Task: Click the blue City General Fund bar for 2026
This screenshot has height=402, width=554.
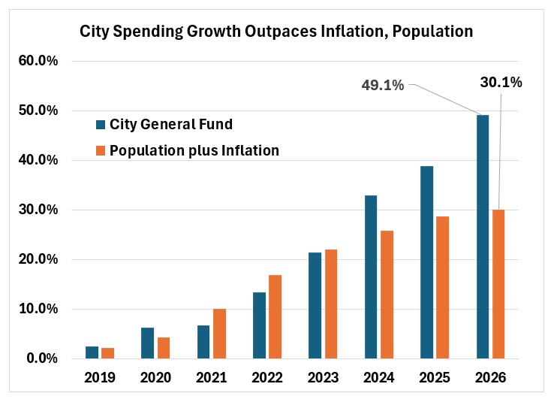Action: pyautogui.click(x=483, y=237)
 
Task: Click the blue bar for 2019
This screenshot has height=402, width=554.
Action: pyautogui.click(x=92, y=352)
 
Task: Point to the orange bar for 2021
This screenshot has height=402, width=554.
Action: pyautogui.click(x=219, y=334)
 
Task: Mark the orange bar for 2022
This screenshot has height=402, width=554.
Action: pyautogui.click(x=275, y=316)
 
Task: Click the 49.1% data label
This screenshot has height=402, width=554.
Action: pyautogui.click(x=383, y=86)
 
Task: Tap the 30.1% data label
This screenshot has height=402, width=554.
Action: pyautogui.click(x=501, y=83)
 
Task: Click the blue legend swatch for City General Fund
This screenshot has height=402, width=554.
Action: pyautogui.click(x=101, y=124)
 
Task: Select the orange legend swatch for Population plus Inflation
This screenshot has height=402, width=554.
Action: pyautogui.click(x=101, y=150)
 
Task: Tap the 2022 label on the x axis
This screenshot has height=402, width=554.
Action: pyautogui.click(x=266, y=377)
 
